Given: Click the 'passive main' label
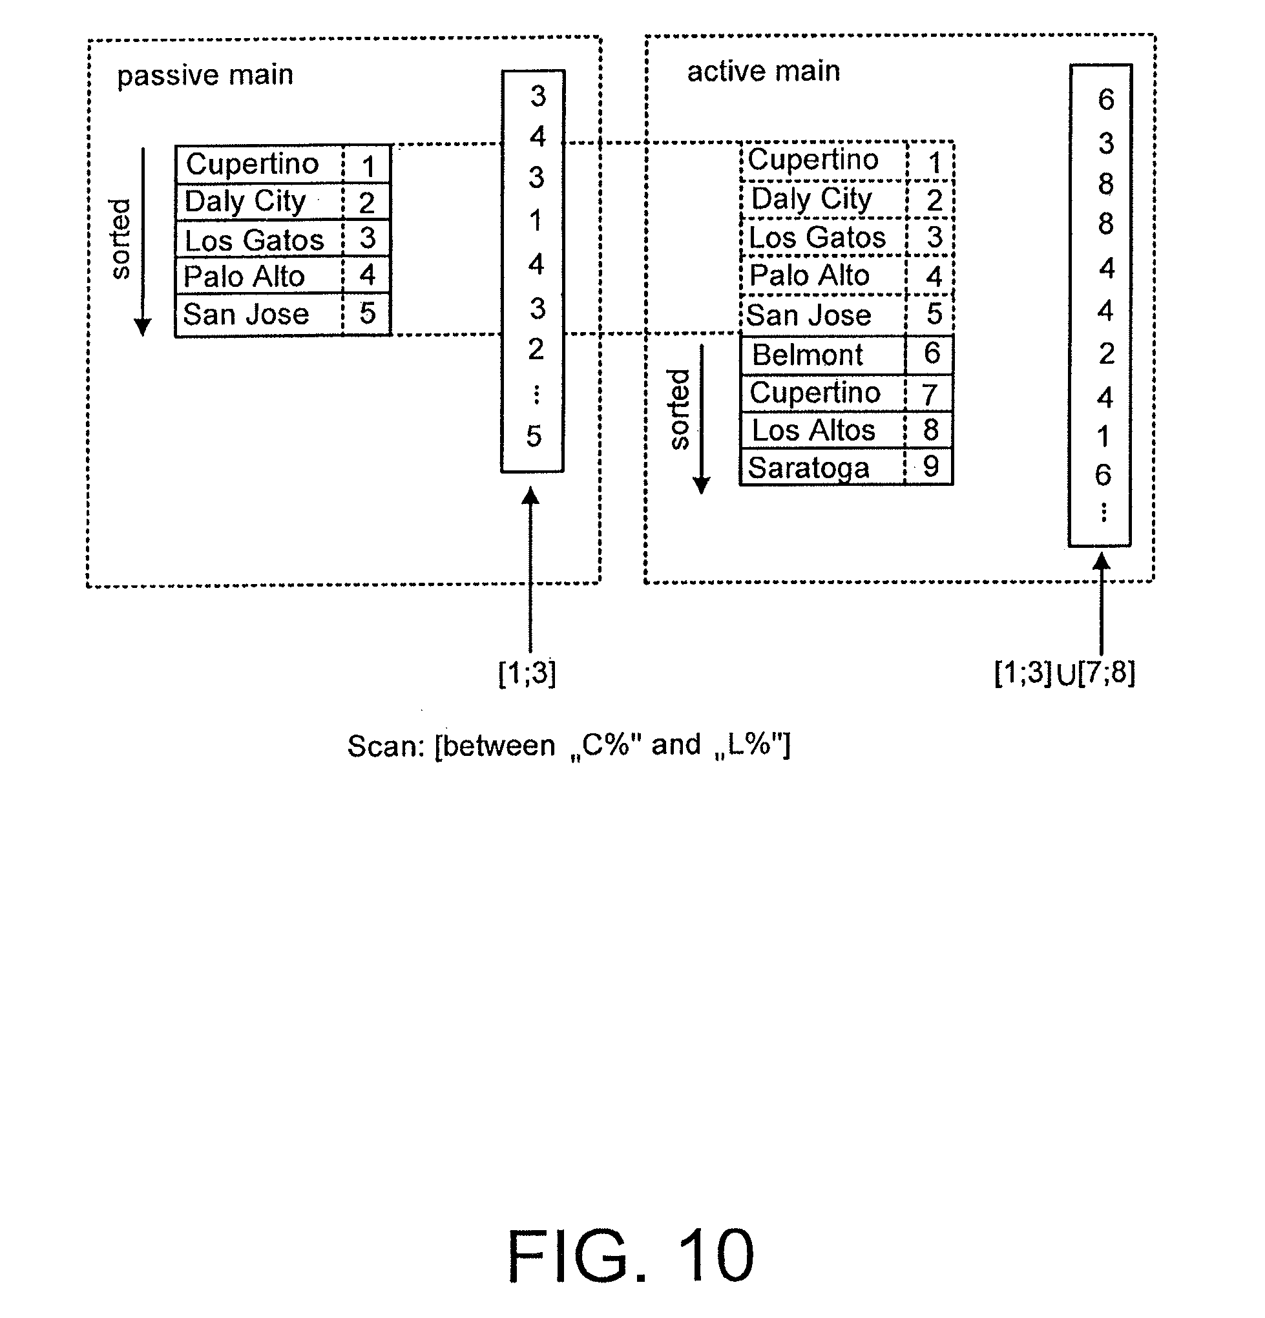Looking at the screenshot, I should pyautogui.click(x=205, y=75).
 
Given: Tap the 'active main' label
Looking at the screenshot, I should pyautogui.click(x=763, y=71).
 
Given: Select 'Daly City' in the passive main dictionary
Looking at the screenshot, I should pyautogui.click(x=245, y=201).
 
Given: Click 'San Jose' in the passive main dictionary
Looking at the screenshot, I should pyautogui.click(x=246, y=314).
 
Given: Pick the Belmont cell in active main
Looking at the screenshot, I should pyautogui.click(x=807, y=355).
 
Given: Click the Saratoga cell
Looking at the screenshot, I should pyautogui.click(x=808, y=467).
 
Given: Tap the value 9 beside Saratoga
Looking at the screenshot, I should pyautogui.click(x=931, y=466).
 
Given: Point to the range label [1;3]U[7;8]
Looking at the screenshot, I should pyautogui.click(x=1065, y=673).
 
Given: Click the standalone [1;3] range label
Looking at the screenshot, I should pyautogui.click(x=527, y=673).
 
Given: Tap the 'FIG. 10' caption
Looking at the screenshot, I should pyautogui.click(x=630, y=1255).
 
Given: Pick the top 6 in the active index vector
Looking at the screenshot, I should pyautogui.click(x=1105, y=99).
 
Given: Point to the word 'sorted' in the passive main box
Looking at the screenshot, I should pyautogui.click(x=120, y=238).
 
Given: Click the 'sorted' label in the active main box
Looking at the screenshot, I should pyautogui.click(x=679, y=409).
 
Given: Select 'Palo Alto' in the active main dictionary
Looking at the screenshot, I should pyautogui.click(x=809, y=276).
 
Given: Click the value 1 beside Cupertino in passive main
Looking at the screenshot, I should pyautogui.click(x=368, y=166).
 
